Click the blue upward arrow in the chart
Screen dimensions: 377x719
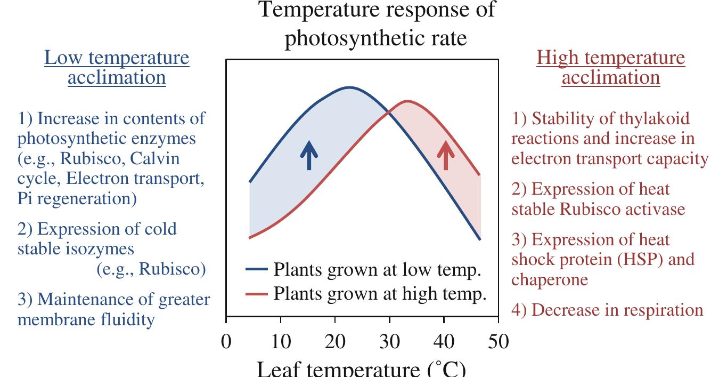pyautogui.click(x=309, y=155)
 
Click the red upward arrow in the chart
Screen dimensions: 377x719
pyautogui.click(x=446, y=155)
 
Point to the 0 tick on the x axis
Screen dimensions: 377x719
pyautogui.click(x=226, y=341)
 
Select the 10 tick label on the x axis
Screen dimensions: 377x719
pyautogui.click(x=281, y=341)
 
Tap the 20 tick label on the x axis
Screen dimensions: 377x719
pyautogui.click(x=335, y=341)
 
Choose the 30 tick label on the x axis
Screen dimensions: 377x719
pyautogui.click(x=389, y=341)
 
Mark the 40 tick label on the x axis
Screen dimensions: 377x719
pyautogui.click(x=444, y=341)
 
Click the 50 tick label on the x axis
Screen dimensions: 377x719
pyautogui.click(x=498, y=341)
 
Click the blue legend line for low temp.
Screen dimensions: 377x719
pyautogui.click(x=257, y=270)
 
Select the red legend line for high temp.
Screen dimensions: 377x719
pyautogui.click(x=257, y=294)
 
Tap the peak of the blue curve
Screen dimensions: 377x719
pyautogui.click(x=349, y=87)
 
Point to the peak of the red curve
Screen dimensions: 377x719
pyautogui.click(x=407, y=101)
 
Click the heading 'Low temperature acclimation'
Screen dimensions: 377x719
pyautogui.click(x=117, y=68)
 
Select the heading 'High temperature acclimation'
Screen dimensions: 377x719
pyautogui.click(x=611, y=68)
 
